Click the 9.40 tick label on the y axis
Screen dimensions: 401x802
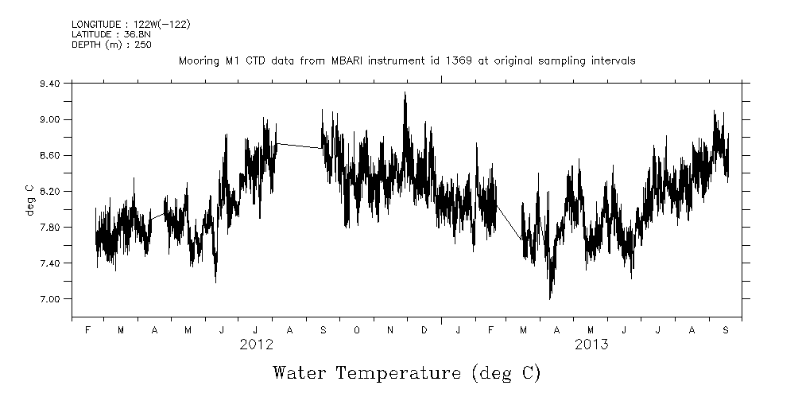(x=50, y=83)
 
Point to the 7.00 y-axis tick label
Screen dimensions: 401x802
(x=50, y=299)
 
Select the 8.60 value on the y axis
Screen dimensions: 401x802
(x=50, y=155)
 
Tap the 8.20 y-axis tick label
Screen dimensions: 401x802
(x=50, y=192)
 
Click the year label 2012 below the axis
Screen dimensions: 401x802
(x=256, y=345)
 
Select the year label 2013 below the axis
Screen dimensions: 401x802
(x=591, y=345)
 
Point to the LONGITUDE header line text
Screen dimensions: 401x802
(x=130, y=25)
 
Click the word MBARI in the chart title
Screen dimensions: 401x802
(x=416, y=61)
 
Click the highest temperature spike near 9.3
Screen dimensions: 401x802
(x=405, y=93)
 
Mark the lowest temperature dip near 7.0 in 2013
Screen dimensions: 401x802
(x=550, y=298)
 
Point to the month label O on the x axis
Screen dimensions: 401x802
(x=357, y=330)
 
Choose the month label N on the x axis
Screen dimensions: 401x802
(x=390, y=330)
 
